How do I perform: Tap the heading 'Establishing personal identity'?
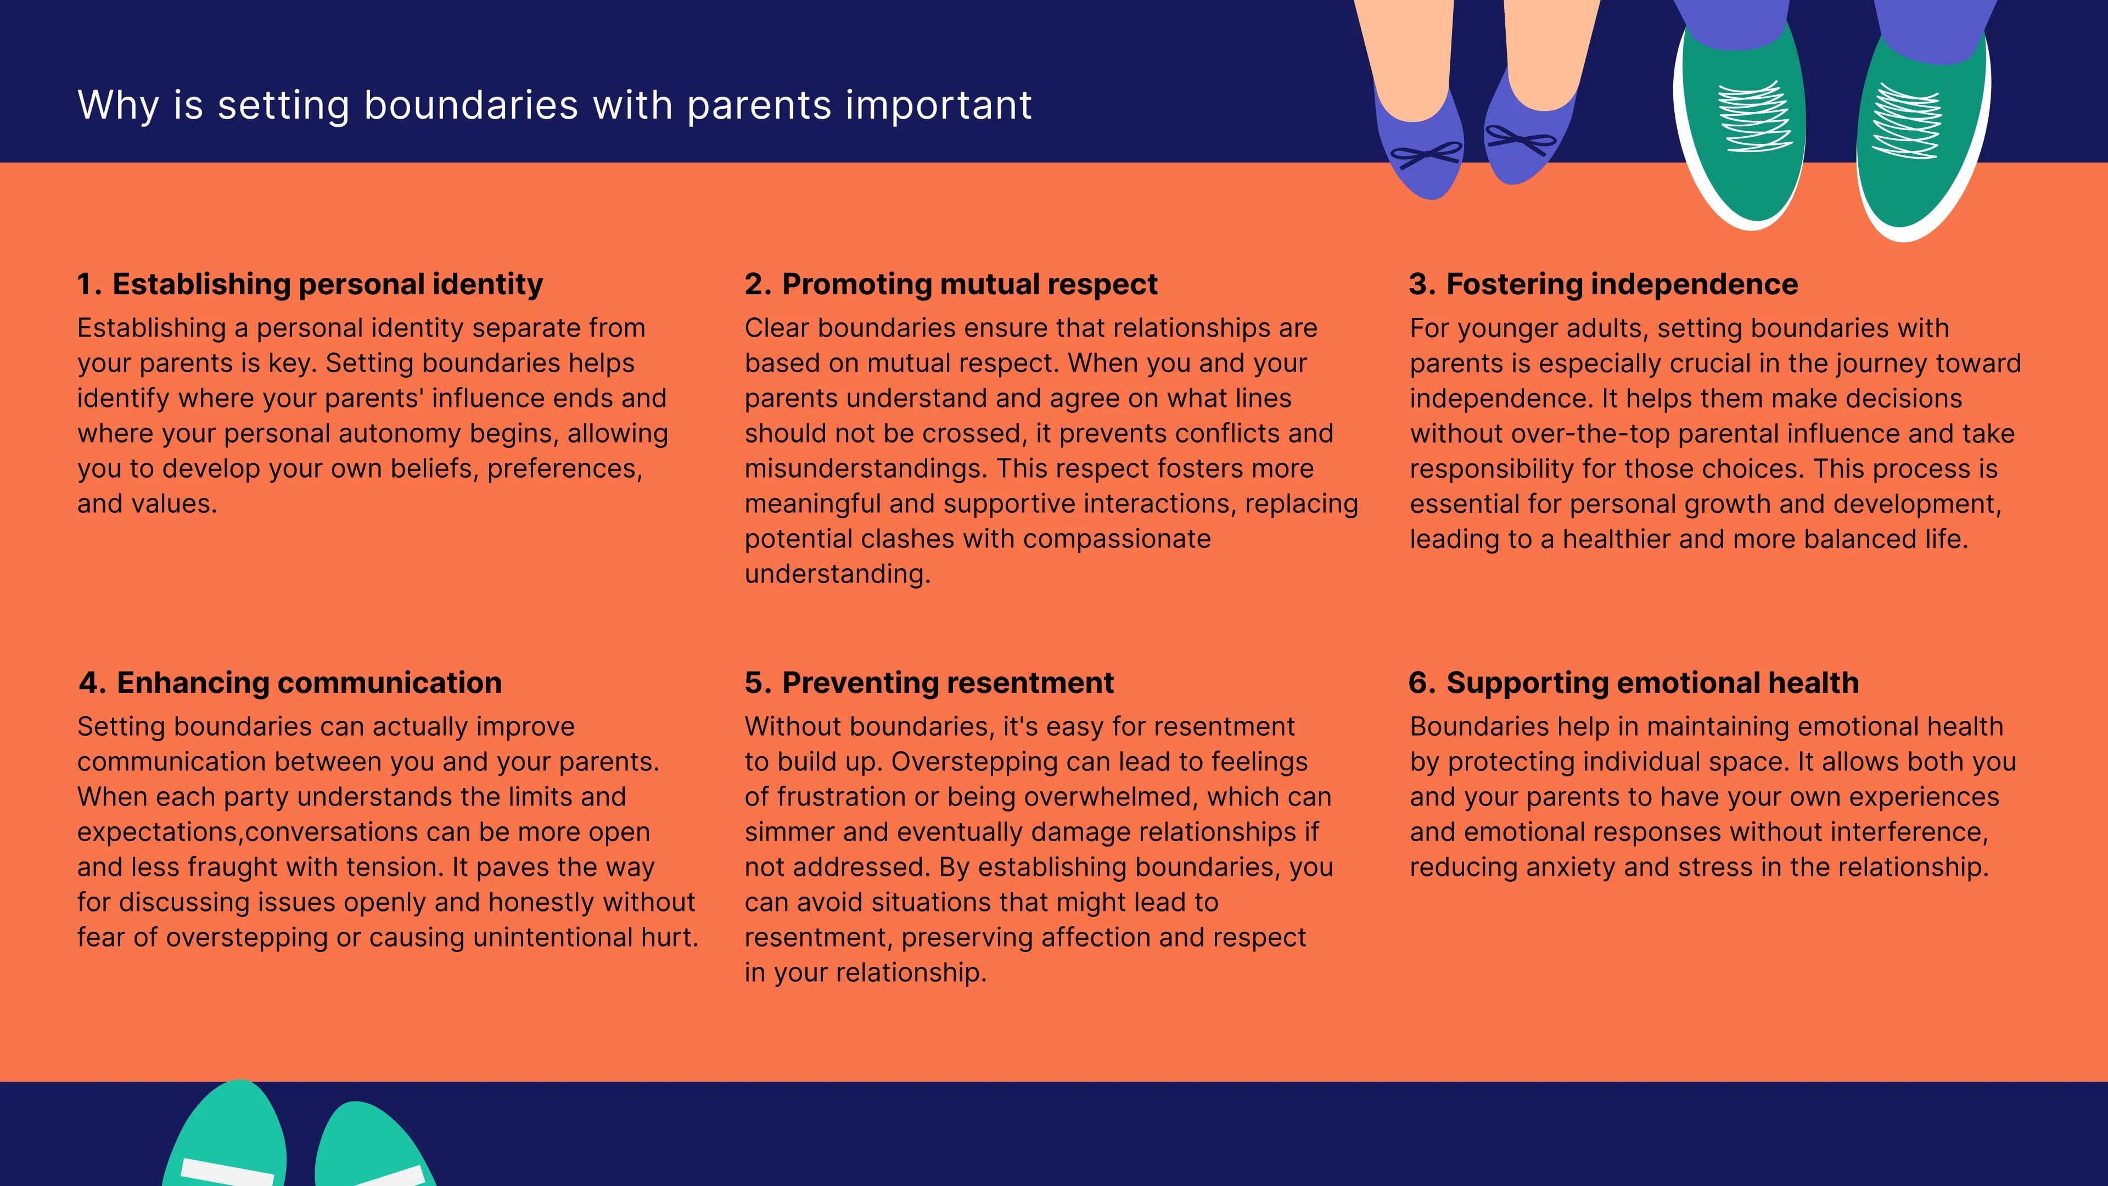(327, 284)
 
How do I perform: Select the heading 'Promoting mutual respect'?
(969, 284)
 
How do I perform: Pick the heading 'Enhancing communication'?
(309, 682)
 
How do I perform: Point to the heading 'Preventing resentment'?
(947, 682)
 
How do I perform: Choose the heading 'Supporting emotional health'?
(1652, 682)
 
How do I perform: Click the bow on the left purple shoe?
(1426, 154)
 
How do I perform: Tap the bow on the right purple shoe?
(1521, 139)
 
